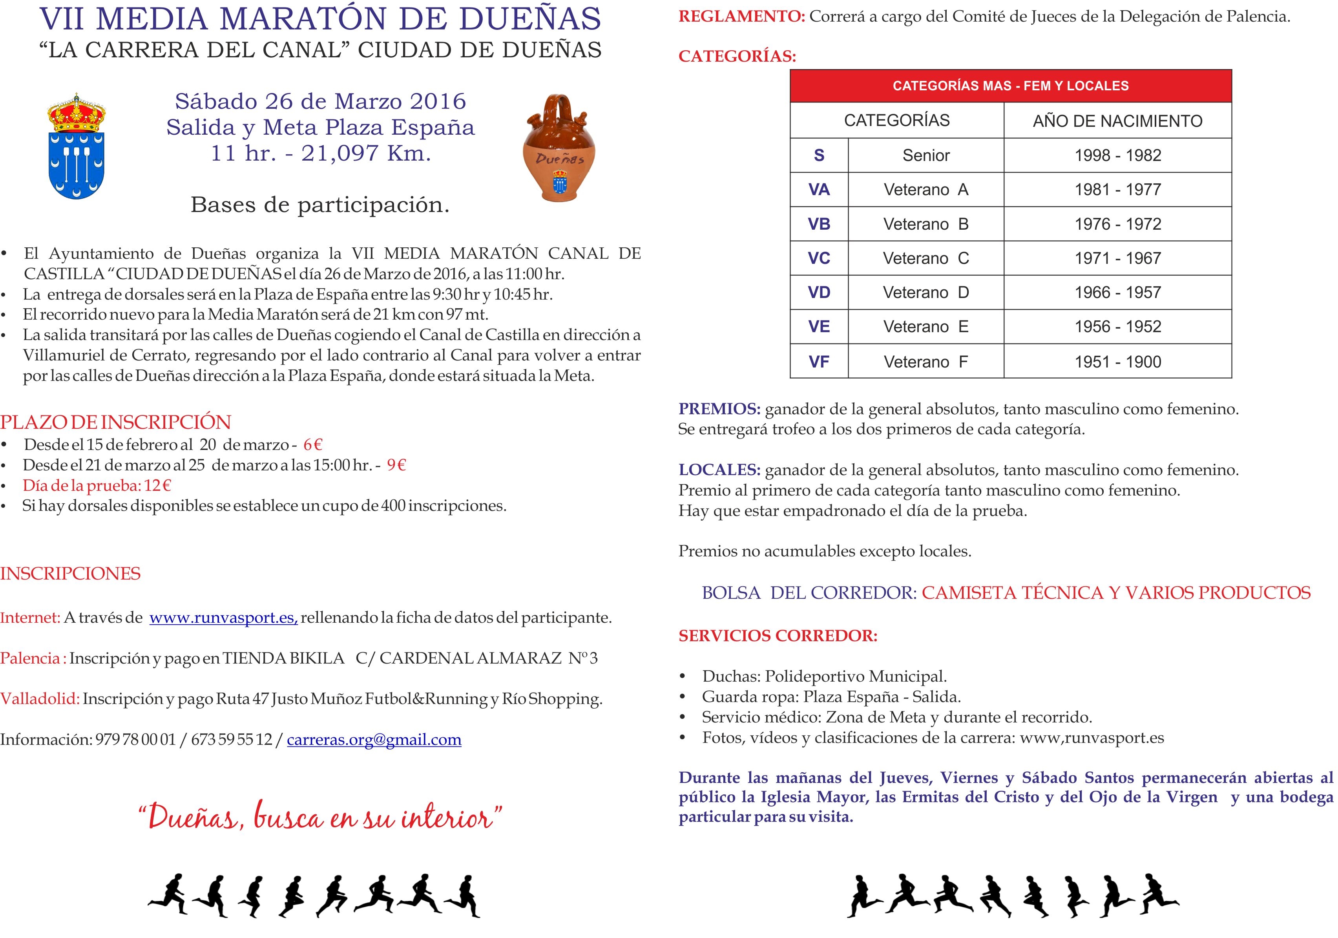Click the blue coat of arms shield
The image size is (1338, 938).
click(77, 166)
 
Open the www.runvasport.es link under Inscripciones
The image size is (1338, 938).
click(223, 618)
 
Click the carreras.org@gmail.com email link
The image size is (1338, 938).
click(374, 740)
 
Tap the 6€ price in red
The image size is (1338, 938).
click(313, 445)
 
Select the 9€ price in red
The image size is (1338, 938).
click(396, 465)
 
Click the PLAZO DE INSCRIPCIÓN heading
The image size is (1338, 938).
click(115, 422)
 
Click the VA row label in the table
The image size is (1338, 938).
click(819, 190)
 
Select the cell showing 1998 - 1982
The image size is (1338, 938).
click(1117, 155)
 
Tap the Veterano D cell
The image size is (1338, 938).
click(925, 293)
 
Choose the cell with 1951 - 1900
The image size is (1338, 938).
click(1117, 362)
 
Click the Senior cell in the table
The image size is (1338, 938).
click(925, 155)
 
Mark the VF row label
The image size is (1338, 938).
click(819, 362)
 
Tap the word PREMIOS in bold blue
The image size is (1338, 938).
click(719, 409)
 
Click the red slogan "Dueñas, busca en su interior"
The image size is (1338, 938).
click(320, 817)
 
